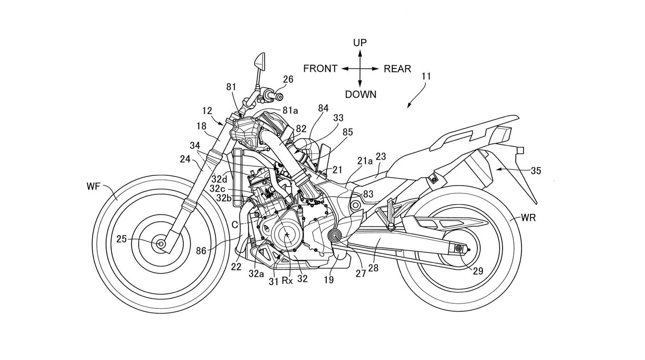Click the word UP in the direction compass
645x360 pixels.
coord(360,43)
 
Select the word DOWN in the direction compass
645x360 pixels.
coord(361,94)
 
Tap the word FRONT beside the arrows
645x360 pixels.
coord(320,69)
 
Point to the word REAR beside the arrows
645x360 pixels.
coord(397,69)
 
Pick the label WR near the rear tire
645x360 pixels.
coord(528,217)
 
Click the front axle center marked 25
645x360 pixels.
coord(161,243)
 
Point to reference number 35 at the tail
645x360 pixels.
coord(536,170)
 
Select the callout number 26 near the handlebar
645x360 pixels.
coord(288,80)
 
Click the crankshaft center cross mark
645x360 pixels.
coord(288,234)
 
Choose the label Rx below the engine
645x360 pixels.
coord(288,281)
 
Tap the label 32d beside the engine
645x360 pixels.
coord(219,179)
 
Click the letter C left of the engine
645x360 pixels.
coord(235,224)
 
